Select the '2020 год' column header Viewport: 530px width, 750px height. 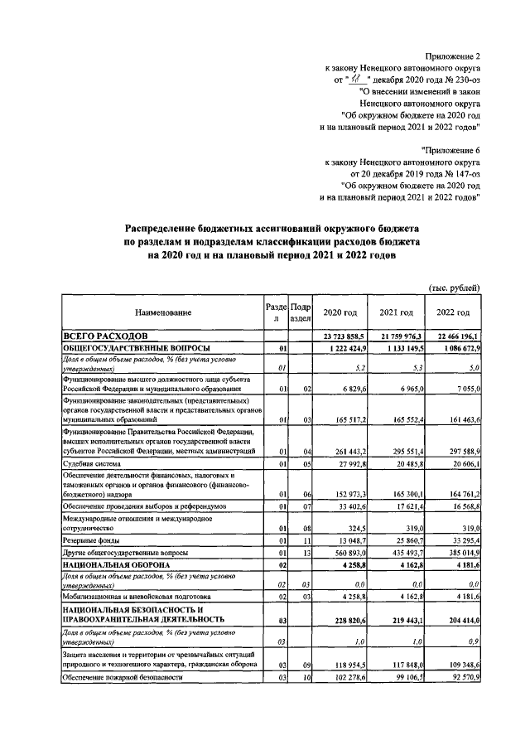click(340, 312)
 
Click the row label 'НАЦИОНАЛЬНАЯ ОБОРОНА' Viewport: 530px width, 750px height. click(113, 565)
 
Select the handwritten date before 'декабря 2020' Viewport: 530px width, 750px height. click(358, 80)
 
